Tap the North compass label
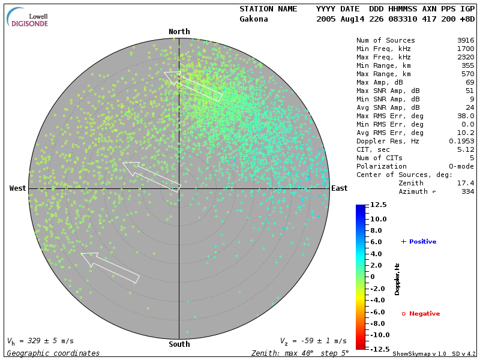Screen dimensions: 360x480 (179, 32)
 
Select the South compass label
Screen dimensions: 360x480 (179, 344)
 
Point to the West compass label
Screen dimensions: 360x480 (17, 188)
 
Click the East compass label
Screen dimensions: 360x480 (339, 188)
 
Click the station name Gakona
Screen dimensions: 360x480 (254, 19)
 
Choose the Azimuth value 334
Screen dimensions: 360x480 (468, 191)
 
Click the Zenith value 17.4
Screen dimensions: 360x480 (466, 183)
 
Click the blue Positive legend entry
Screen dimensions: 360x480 (419, 242)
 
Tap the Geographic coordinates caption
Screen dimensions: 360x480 (53, 353)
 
